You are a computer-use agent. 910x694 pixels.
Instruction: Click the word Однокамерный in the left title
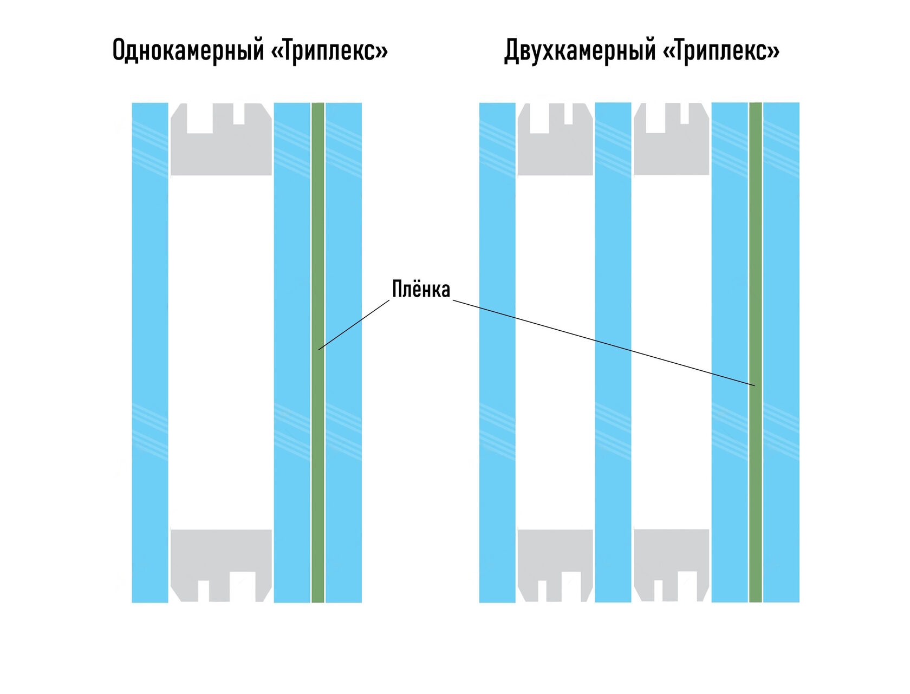pyautogui.click(x=188, y=50)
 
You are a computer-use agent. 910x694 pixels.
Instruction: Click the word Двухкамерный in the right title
pyautogui.click(x=580, y=50)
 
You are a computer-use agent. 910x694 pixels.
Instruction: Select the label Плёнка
pyautogui.click(x=421, y=290)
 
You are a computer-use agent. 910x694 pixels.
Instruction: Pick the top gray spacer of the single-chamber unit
pyautogui.click(x=221, y=152)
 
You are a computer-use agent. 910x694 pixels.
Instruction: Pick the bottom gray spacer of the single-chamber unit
pyautogui.click(x=221, y=552)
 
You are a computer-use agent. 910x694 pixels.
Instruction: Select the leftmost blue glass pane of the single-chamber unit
pyautogui.click(x=150, y=352)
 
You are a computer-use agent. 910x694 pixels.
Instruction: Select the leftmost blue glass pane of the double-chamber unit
pyautogui.click(x=497, y=352)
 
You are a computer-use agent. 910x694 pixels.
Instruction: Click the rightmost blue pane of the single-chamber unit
pyautogui.click(x=343, y=352)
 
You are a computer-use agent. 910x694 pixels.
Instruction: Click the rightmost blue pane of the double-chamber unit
pyautogui.click(x=781, y=352)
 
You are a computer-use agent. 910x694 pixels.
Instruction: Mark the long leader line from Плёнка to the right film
pyautogui.click(x=601, y=342)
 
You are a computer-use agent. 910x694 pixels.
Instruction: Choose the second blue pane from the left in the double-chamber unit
pyautogui.click(x=613, y=352)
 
